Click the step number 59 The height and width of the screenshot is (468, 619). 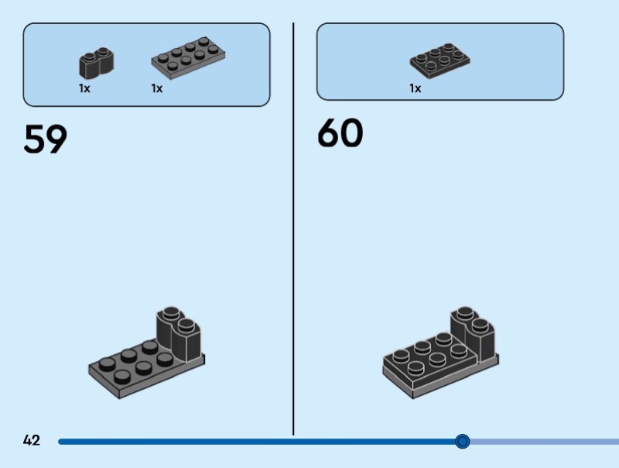pyautogui.click(x=46, y=139)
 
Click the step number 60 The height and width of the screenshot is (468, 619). pyautogui.click(x=340, y=132)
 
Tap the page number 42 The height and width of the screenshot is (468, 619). pyautogui.click(x=32, y=440)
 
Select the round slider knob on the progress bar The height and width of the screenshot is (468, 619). pyautogui.click(x=462, y=441)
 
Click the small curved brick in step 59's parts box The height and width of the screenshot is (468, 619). pyautogui.click(x=96, y=64)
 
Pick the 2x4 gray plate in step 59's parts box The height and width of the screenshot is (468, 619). pyautogui.click(x=188, y=59)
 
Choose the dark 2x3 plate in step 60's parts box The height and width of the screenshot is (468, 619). pyautogui.click(x=439, y=61)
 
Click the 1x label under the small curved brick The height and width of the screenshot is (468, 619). pyautogui.click(x=84, y=88)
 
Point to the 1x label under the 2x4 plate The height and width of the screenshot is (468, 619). pyautogui.click(x=157, y=88)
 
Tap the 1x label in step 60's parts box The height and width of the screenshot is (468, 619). pyautogui.click(x=416, y=88)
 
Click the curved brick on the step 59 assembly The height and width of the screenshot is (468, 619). pyautogui.click(x=179, y=334)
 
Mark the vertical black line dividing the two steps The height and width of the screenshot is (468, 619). pyautogui.click(x=293, y=229)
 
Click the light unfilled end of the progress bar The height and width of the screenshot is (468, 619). pyautogui.click(x=545, y=442)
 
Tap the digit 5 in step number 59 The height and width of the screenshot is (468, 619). pyautogui.click(x=34, y=139)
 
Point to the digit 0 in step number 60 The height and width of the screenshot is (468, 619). pyautogui.click(x=352, y=133)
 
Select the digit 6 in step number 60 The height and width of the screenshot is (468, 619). pyautogui.click(x=329, y=132)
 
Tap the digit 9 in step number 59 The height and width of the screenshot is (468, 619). pyautogui.click(x=56, y=139)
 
